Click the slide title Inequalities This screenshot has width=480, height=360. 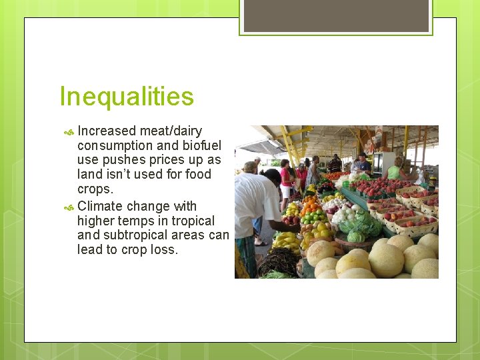point(127,97)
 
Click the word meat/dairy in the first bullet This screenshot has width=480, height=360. point(171,131)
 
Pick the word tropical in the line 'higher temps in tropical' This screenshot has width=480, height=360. point(193,221)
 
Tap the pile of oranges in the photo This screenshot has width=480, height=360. point(310,200)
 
